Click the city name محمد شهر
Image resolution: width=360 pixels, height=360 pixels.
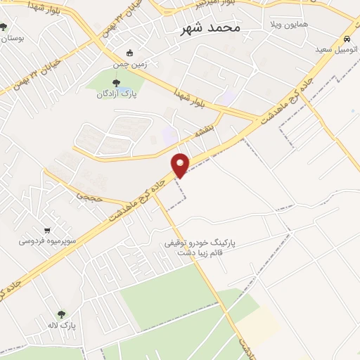[210, 28]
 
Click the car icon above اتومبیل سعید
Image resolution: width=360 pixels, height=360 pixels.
[347, 39]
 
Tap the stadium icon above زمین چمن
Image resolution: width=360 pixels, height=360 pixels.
[129, 53]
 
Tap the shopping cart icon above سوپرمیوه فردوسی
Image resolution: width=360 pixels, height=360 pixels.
[47, 230]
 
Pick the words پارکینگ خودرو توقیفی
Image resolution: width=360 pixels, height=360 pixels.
[200, 242]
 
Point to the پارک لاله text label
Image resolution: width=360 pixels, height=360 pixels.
[62, 326]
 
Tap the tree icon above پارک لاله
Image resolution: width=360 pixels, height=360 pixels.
[62, 315]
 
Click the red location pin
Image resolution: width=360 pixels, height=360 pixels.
[181, 164]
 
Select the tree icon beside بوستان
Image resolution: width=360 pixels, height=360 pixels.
[4, 27]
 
